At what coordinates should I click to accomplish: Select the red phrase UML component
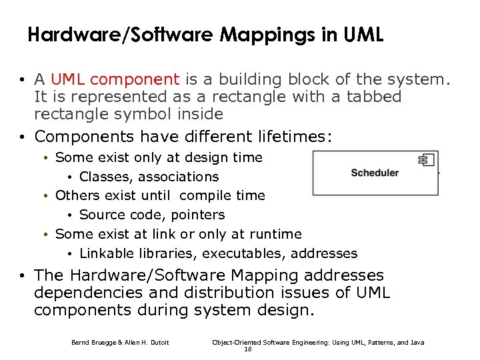point(115,80)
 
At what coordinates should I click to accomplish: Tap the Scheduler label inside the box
point(375,173)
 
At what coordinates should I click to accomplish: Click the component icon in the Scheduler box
point(426,159)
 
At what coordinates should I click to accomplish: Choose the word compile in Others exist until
point(203,196)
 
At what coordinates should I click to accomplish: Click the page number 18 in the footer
point(248,349)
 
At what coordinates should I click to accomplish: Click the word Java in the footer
point(416,343)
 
